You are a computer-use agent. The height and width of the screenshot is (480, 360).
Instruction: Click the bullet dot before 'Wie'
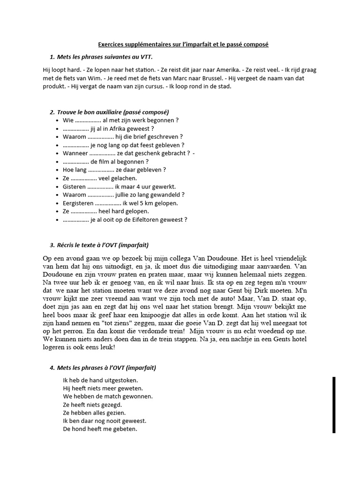coord(57,120)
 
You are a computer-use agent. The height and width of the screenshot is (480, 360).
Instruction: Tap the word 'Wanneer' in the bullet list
coord(75,153)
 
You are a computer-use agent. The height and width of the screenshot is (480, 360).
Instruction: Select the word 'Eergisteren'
coord(78,203)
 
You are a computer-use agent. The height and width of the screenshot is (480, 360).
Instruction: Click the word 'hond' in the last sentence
coord(79,429)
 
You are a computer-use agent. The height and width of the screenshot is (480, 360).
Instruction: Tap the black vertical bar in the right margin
coord(334,405)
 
